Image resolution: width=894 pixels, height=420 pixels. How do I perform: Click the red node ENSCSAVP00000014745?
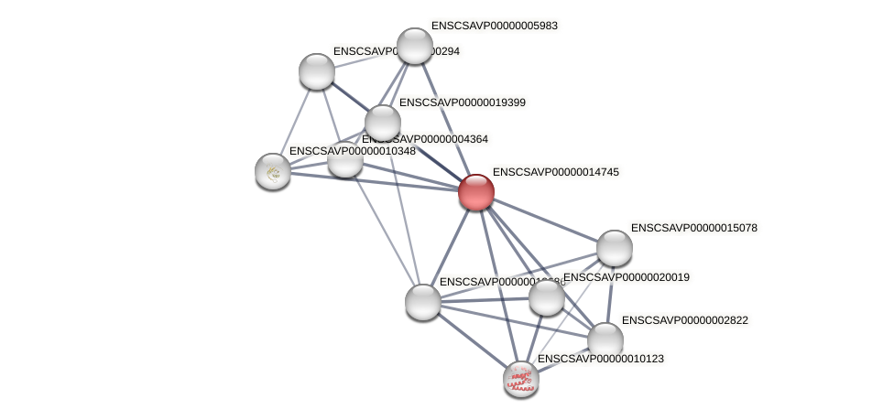(x=476, y=192)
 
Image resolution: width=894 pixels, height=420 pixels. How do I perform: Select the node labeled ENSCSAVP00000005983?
(x=414, y=46)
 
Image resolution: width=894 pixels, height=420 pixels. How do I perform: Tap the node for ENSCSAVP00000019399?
(x=383, y=123)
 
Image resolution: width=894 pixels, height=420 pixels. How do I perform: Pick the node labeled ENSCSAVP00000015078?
(x=614, y=247)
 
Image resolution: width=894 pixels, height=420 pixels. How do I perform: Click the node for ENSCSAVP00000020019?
(x=547, y=296)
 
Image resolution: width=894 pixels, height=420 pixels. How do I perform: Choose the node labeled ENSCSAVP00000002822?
(x=605, y=339)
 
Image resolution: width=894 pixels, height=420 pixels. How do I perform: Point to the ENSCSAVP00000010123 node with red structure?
(x=521, y=378)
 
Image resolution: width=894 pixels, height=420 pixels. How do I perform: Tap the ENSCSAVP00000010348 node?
(x=273, y=170)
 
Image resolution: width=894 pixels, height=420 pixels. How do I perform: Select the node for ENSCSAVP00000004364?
(x=345, y=159)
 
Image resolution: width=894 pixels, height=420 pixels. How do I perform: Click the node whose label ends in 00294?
(x=317, y=71)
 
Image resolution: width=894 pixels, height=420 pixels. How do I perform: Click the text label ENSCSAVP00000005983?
(x=494, y=26)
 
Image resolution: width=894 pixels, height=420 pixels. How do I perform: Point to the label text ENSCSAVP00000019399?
(x=462, y=102)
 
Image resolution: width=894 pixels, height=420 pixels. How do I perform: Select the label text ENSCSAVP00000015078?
(x=694, y=228)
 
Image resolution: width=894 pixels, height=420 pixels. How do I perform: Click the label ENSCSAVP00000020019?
(x=627, y=277)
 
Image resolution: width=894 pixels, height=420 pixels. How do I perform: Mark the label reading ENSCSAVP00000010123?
(x=600, y=359)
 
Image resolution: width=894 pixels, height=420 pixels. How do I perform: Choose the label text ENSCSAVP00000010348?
(x=353, y=151)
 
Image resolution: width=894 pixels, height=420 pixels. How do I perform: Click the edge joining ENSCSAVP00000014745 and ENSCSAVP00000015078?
(x=545, y=220)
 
